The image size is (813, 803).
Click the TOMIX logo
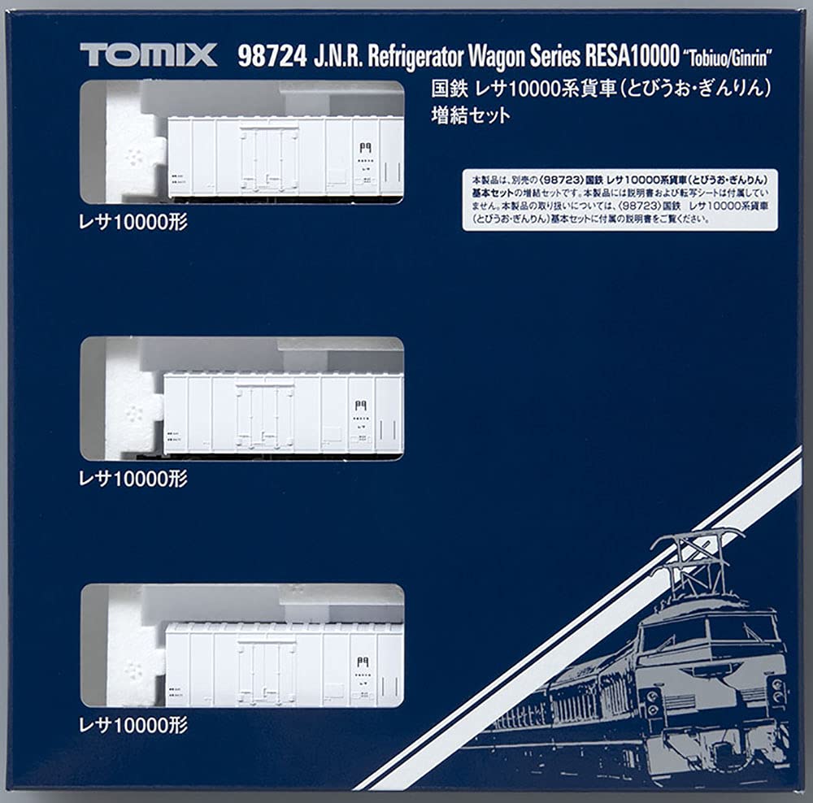[x=148, y=54]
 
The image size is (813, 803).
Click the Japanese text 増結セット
[x=471, y=115]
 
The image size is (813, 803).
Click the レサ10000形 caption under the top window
[x=134, y=222]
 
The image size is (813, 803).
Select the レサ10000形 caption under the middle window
[x=134, y=479]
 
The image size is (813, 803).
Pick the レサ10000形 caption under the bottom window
[x=134, y=725]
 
